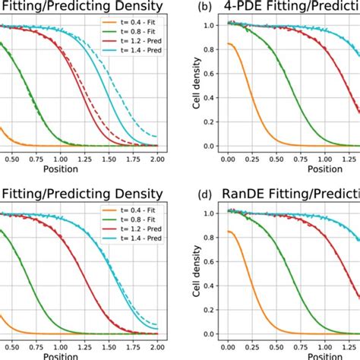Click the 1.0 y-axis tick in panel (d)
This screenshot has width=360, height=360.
coord(213,213)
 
